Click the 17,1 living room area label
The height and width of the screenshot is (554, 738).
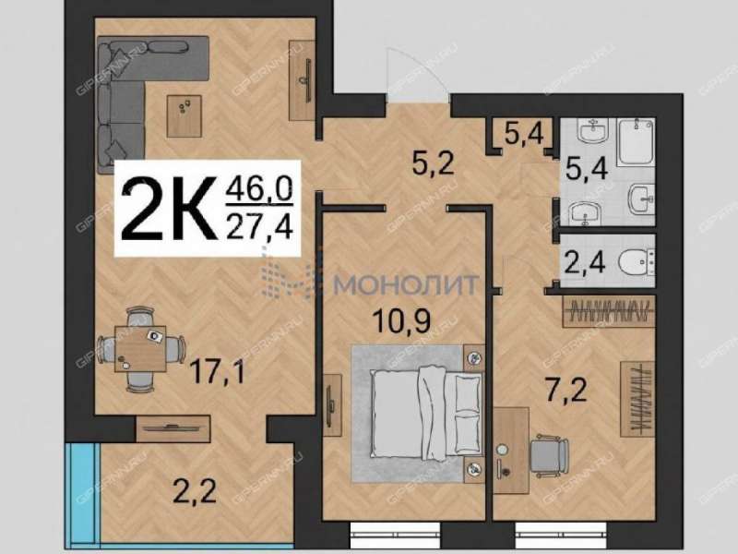click(x=217, y=373)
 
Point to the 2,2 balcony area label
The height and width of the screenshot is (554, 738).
click(x=195, y=491)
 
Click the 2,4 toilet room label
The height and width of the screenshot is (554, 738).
click(x=585, y=262)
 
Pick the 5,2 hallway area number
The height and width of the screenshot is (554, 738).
click(x=433, y=163)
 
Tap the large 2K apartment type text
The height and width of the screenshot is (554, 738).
click(x=169, y=209)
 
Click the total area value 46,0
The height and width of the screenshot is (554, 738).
click(x=259, y=189)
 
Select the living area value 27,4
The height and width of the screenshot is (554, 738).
click(x=259, y=227)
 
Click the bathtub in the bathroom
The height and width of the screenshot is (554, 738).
click(x=636, y=142)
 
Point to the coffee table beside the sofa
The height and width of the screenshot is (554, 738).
click(x=184, y=116)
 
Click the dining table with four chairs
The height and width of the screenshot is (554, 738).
click(x=141, y=349)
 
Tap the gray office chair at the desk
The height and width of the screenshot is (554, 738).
click(x=549, y=456)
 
